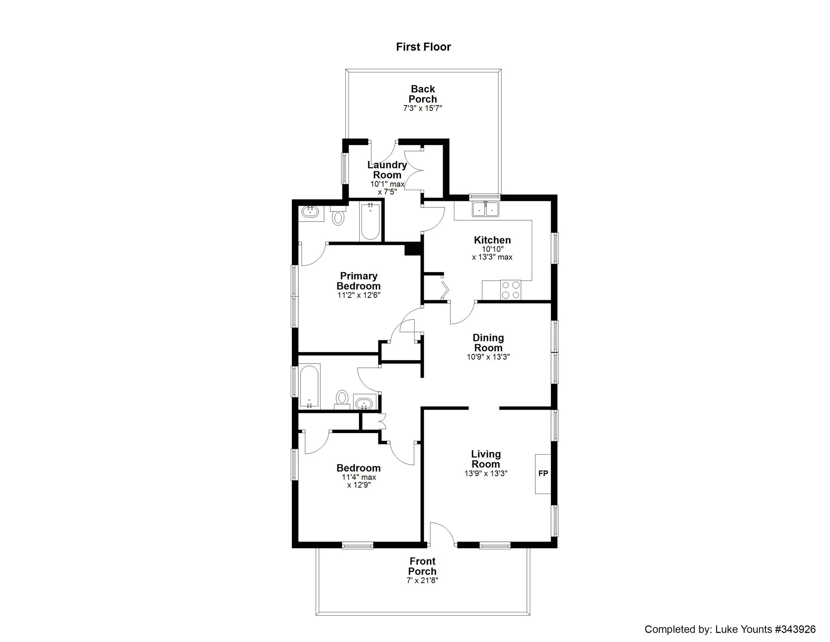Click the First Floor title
point(423,47)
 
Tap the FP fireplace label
point(543,474)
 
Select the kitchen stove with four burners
point(511,290)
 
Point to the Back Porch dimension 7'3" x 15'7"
point(423,108)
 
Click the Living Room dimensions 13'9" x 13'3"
point(486,474)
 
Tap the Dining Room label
point(488,343)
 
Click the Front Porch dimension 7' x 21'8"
point(422,581)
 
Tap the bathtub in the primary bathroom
point(370,223)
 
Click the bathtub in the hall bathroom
point(310,386)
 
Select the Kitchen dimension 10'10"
point(493,249)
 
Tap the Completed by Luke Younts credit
point(730,629)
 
